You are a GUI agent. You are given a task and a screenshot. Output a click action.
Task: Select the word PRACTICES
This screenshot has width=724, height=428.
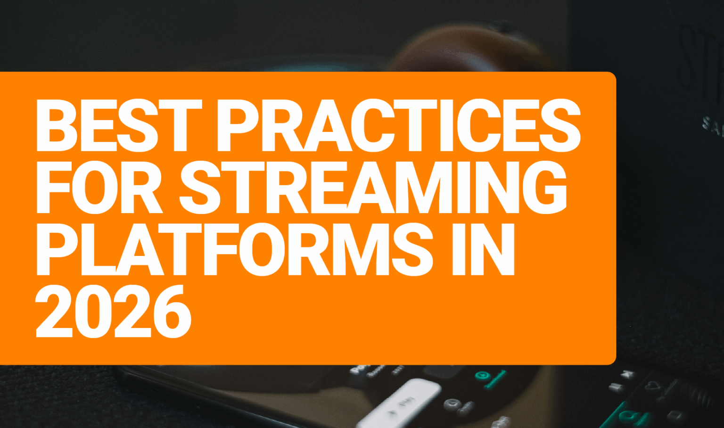point(398,126)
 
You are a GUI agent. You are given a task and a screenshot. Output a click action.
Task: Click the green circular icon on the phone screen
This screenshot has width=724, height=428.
point(482,376)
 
